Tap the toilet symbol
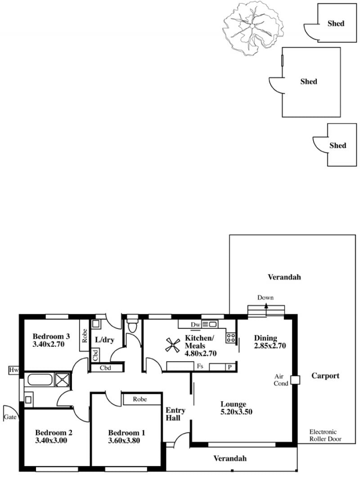click(132, 325)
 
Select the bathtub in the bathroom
click(40, 380)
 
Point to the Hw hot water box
click(14, 370)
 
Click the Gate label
click(10, 417)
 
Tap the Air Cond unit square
click(295, 380)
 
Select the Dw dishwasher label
click(195, 325)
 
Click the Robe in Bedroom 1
click(140, 399)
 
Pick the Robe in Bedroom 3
click(85, 336)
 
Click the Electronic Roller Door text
click(325, 435)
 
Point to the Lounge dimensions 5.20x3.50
click(236, 412)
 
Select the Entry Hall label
click(175, 414)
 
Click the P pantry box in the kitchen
click(229, 367)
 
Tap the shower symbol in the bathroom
click(62, 380)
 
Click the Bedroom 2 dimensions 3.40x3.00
click(51, 440)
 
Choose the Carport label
click(325, 376)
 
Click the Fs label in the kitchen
click(200, 366)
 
